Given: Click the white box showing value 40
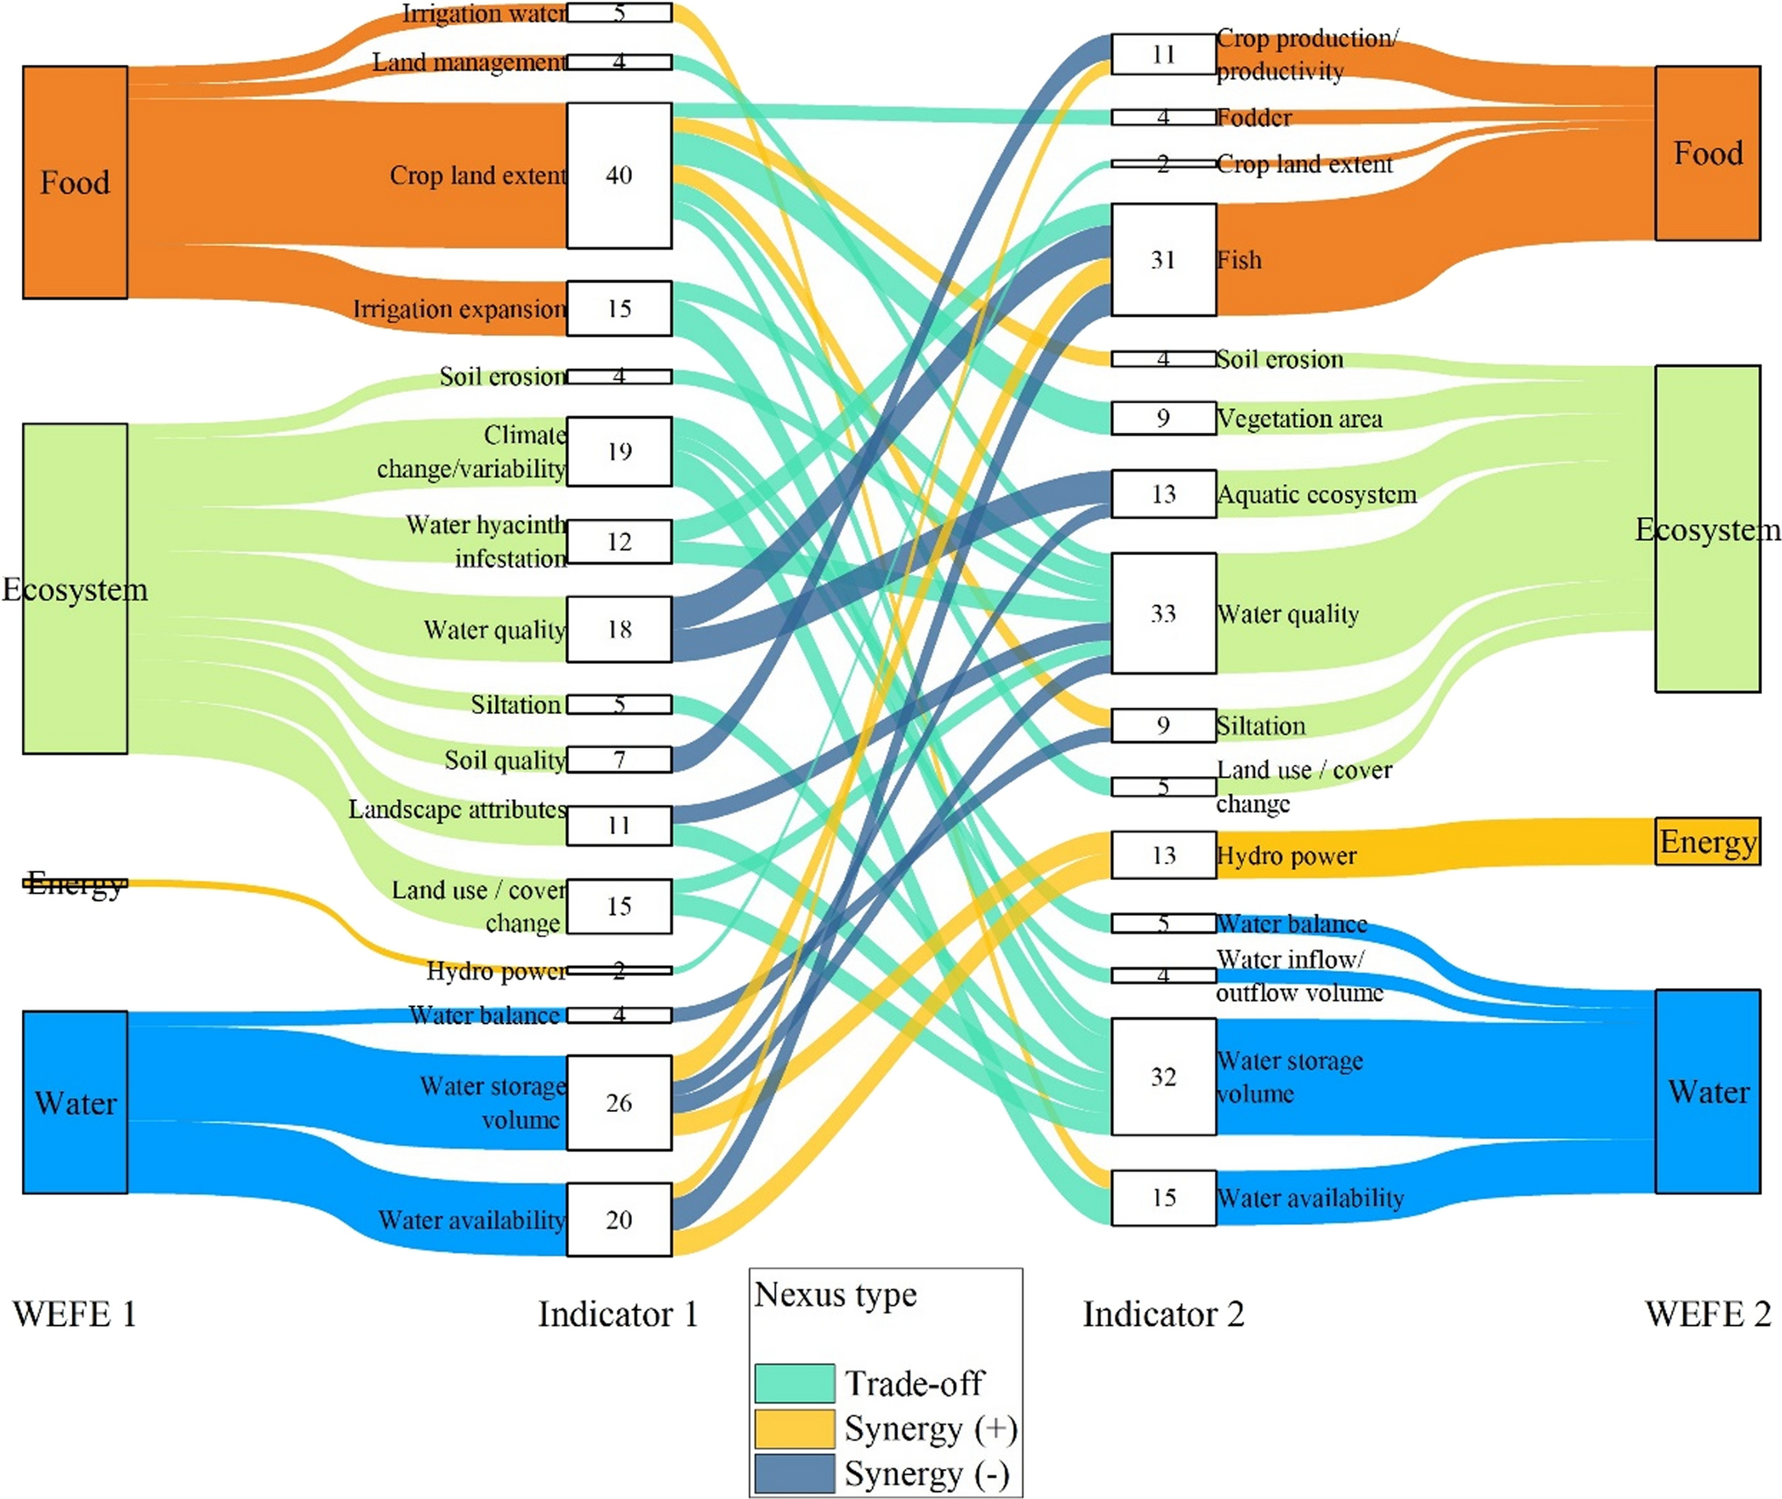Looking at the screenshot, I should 619,176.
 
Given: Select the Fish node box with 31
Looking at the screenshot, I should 1163,260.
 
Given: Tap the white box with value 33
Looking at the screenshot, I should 1163,613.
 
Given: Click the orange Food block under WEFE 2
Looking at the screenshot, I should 1707,153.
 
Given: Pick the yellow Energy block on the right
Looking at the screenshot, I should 1707,841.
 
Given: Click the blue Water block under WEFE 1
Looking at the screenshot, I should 75,1102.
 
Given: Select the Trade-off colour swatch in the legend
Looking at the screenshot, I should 794,1382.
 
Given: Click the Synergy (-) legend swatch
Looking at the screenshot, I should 794,1473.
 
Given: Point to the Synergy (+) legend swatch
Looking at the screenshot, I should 794,1428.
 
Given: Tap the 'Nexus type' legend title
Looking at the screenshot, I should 835,1294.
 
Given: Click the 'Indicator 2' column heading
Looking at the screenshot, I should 1163,1315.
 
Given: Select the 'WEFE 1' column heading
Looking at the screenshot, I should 75,1315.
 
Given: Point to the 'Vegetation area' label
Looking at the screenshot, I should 1299,419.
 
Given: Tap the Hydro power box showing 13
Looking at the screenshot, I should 1163,855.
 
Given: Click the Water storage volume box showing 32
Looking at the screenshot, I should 1163,1077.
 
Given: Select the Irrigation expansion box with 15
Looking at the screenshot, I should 619,308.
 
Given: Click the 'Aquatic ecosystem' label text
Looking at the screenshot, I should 1316,494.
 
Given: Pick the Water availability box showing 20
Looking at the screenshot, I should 619,1219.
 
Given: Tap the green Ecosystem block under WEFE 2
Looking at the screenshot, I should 1707,529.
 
